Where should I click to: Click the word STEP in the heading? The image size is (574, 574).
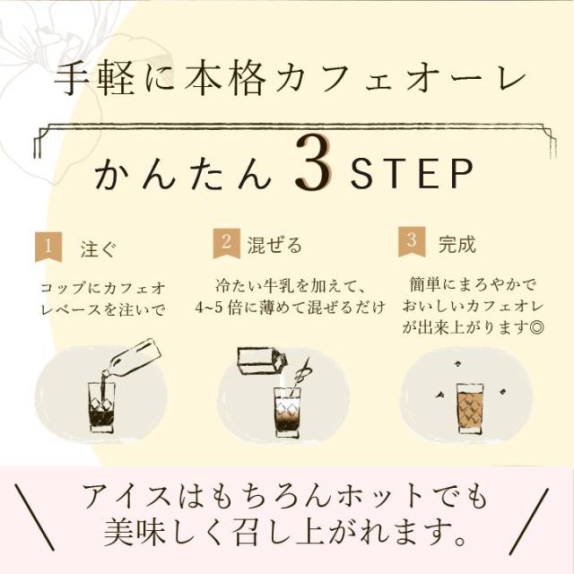point(411,174)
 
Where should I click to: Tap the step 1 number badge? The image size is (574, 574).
point(48,248)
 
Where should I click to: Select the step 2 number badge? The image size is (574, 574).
point(227,243)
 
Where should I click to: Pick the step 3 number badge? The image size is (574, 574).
point(412,241)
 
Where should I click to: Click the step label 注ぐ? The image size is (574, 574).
point(99,249)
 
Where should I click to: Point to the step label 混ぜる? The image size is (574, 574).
point(274,245)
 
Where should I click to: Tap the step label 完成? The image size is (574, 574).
point(457,244)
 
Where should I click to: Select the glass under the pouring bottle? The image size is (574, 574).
point(101,408)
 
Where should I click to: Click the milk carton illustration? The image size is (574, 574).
point(262,360)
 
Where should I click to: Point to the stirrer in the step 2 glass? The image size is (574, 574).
point(299,379)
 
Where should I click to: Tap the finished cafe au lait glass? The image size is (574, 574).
point(470,408)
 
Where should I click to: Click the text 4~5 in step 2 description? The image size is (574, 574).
point(209,308)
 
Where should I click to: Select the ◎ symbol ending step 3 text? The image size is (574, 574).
point(536,326)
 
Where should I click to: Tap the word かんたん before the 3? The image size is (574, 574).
point(183,174)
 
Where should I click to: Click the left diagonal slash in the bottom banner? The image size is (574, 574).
point(35,519)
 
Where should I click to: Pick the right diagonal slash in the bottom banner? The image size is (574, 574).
point(529,519)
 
